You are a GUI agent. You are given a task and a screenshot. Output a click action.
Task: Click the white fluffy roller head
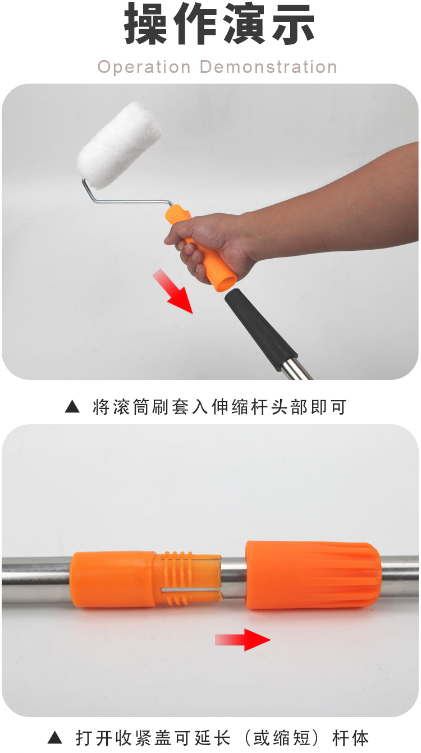[119, 145]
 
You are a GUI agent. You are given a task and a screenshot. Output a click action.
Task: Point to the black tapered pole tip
[261, 330]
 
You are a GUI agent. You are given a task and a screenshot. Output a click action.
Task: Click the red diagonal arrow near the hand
[173, 291]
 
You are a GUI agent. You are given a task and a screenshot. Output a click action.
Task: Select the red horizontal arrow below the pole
[243, 640]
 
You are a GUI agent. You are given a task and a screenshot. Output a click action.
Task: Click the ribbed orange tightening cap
[313, 575]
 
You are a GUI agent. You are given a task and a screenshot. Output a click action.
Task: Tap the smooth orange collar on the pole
[113, 579]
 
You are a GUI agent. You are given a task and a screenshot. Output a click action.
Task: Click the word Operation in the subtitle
[144, 67]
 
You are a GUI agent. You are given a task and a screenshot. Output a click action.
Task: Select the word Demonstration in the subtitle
[268, 67]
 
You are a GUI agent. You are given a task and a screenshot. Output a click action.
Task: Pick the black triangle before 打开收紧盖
[55, 738]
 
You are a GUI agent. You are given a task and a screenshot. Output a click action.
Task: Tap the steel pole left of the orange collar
[36, 579]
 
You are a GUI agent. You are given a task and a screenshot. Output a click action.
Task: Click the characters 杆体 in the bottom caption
[350, 738]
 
